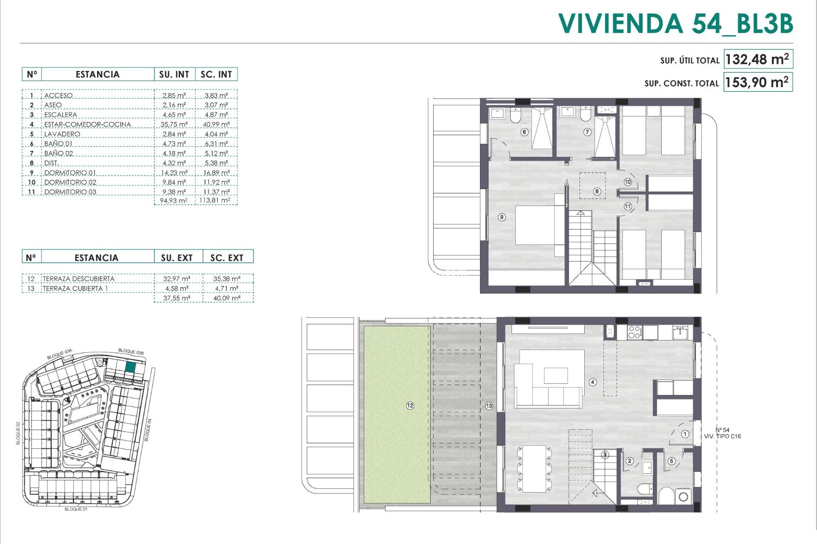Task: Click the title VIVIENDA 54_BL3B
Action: pos(675,23)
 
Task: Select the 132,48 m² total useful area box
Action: pos(757,59)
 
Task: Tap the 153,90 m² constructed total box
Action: pos(757,82)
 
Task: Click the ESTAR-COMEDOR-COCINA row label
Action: pos(88,125)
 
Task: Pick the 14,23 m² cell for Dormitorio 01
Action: pos(174,173)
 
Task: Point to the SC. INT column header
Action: pos(216,74)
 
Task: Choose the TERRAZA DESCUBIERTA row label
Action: pos(79,279)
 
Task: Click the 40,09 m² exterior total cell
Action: pos(227,298)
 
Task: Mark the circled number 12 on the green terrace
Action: pos(410,406)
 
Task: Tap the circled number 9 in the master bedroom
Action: pos(502,217)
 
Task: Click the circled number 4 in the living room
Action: pos(593,382)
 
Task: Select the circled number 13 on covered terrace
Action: pos(489,406)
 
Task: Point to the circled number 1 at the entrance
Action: pos(685,434)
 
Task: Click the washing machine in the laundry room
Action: pos(683,496)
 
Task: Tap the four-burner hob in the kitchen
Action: pos(634,332)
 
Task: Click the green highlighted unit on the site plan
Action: pos(131,367)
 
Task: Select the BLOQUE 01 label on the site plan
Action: pos(76,509)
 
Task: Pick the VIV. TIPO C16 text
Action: pos(723,436)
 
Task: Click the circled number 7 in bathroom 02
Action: pos(587,132)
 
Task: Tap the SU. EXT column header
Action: pos(177,258)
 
